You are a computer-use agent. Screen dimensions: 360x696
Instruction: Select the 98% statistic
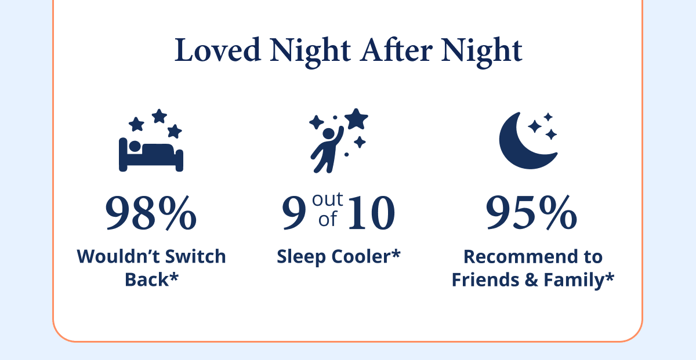click(x=151, y=213)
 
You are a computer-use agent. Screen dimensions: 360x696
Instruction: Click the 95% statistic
click(x=531, y=213)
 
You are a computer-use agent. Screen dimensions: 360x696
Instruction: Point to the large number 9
click(x=293, y=213)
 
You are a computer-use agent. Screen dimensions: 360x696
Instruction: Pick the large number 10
click(x=372, y=213)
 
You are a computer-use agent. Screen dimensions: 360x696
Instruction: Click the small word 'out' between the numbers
click(x=328, y=200)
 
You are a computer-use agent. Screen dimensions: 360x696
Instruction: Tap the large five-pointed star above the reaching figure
click(x=356, y=119)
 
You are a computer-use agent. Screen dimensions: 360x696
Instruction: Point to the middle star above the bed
click(x=159, y=116)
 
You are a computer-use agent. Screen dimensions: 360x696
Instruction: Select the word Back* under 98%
click(x=151, y=279)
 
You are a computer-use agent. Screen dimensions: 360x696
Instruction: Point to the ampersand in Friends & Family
click(x=529, y=279)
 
